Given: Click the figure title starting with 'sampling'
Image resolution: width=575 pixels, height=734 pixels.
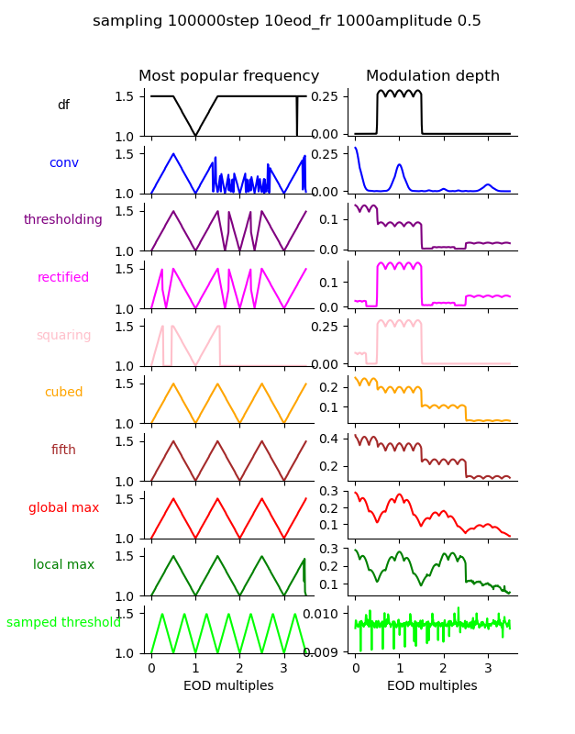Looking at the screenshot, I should (287, 21).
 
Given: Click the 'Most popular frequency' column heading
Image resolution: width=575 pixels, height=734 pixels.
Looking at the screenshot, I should (229, 76).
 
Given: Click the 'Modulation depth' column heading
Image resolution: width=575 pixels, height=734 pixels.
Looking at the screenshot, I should (433, 76).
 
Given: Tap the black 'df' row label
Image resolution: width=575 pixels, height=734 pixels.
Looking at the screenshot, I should (63, 106).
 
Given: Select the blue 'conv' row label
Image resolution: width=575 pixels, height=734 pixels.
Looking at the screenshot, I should (63, 162).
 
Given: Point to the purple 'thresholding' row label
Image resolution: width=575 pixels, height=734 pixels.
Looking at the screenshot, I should (63, 220).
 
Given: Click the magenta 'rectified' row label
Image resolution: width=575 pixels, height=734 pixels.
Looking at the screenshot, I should (63, 278).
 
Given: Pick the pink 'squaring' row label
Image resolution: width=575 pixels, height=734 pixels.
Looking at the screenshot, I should (63, 335).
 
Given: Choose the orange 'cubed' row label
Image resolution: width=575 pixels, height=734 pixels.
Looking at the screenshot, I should (63, 393).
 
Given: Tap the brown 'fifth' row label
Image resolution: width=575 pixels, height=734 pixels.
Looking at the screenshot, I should (63, 450).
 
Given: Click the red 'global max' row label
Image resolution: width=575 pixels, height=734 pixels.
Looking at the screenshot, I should (63, 507).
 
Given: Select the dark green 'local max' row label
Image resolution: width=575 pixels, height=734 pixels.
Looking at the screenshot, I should (63, 565).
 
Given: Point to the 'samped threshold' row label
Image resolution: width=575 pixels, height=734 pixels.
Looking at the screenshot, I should (63, 623).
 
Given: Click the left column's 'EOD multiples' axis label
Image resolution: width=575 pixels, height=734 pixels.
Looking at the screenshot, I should (228, 685).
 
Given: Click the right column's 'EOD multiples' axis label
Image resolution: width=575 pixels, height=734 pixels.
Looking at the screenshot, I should (432, 685).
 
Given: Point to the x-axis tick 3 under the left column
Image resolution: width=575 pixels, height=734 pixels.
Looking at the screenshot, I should (283, 668).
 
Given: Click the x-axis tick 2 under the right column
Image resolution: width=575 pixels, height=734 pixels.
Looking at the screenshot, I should (444, 668).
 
